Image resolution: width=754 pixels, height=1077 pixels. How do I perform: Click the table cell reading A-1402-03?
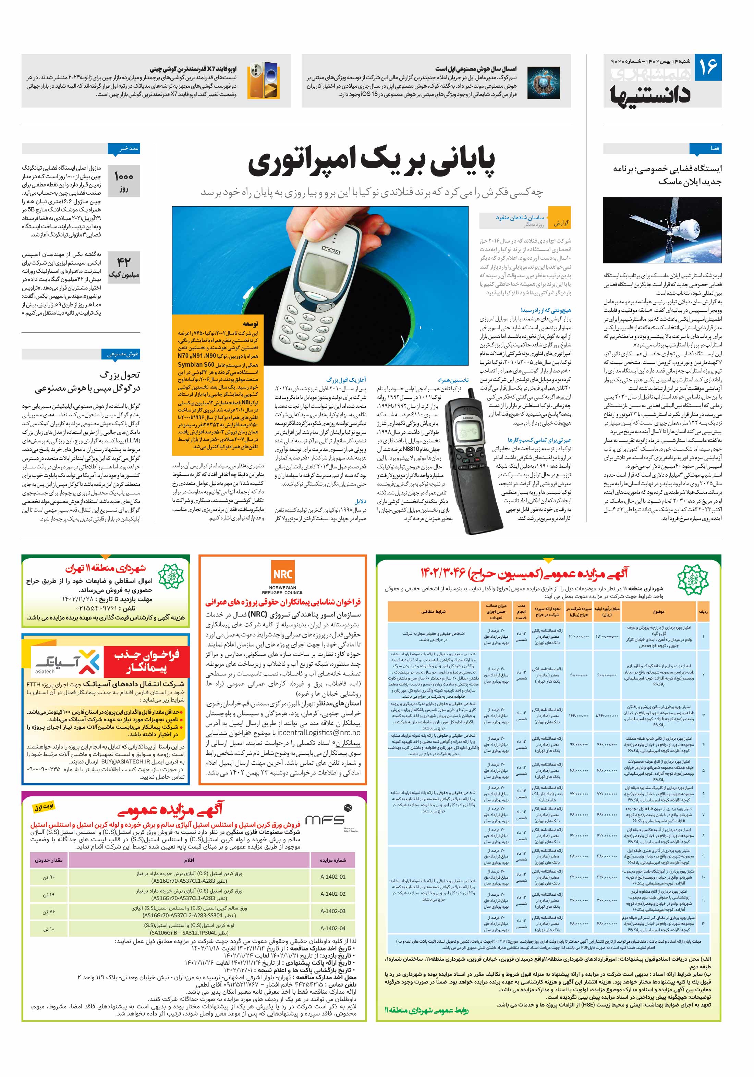(333, 911)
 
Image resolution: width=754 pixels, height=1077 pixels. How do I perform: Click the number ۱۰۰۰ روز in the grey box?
(123, 182)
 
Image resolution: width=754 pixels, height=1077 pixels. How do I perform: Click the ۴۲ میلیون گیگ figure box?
(123, 267)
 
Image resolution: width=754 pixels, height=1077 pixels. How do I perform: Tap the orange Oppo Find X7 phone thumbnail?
(264, 80)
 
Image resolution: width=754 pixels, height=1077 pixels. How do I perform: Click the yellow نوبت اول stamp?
(43, 807)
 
